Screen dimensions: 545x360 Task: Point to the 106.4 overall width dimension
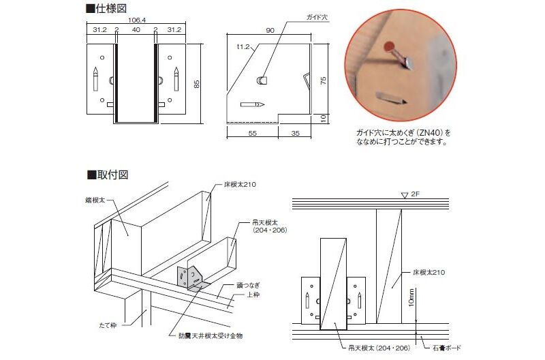(137, 20)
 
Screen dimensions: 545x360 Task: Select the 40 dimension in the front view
(136, 29)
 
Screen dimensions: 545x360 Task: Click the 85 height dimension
(197, 84)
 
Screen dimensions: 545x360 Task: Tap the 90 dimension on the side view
(270, 30)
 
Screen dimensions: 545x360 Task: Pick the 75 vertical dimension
(323, 81)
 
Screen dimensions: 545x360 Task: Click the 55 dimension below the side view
(253, 133)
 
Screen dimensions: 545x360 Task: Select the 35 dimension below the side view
(295, 133)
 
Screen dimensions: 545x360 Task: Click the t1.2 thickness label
(243, 46)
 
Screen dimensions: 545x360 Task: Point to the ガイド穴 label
(317, 17)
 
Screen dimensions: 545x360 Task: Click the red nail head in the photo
(390, 47)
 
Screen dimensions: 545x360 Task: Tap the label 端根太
(95, 200)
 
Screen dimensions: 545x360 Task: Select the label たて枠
(108, 325)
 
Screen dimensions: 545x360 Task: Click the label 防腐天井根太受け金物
(211, 335)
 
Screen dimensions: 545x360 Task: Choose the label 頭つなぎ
(248, 285)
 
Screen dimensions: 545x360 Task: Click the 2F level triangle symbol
(405, 196)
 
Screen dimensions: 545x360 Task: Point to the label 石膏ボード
(447, 348)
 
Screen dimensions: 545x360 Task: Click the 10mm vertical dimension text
(411, 298)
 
